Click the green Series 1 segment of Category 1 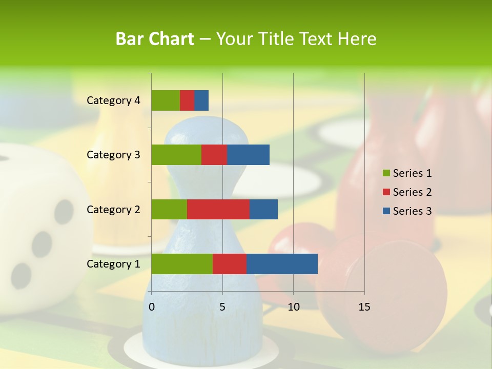coord(182,264)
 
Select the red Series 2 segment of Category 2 coord(218,209)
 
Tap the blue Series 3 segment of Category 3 coord(248,155)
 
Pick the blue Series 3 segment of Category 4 coord(201,100)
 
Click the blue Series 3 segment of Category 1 coord(282,264)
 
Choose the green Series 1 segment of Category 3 coord(176,155)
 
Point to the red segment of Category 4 coord(187,100)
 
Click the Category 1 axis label coord(113,264)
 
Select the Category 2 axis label coord(113,209)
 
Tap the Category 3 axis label coord(113,155)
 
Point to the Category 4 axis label coord(113,100)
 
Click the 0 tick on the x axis coord(152,307)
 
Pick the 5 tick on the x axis coord(222,307)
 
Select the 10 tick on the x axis coord(293,307)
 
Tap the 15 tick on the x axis coord(364,307)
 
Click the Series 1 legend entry coord(407,173)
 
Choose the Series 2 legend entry coord(407,192)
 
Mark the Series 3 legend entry coord(407,211)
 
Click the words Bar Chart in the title coord(155,39)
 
